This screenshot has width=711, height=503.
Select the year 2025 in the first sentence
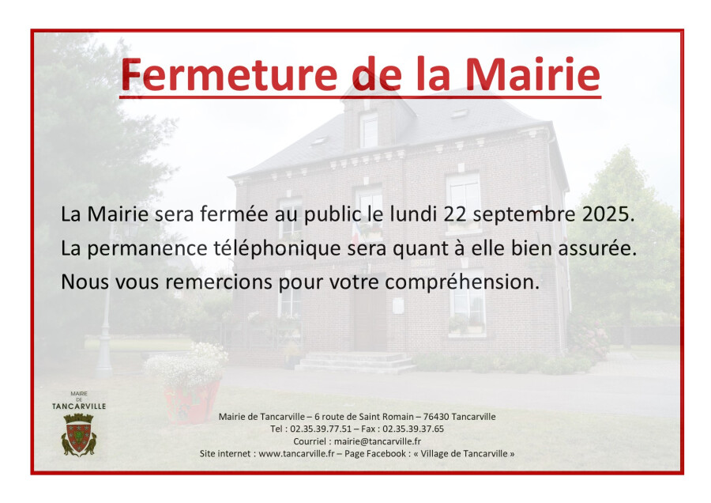click(605, 214)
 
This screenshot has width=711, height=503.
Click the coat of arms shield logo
click(79, 434)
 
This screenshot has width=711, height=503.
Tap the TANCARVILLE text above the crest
click(79, 406)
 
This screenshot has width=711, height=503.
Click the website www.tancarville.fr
click(296, 453)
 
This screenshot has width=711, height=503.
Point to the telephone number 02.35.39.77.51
click(321, 429)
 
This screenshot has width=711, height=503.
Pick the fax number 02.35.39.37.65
click(413, 429)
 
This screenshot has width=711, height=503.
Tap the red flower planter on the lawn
click(191, 400)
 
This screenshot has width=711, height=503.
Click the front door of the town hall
click(370, 313)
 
